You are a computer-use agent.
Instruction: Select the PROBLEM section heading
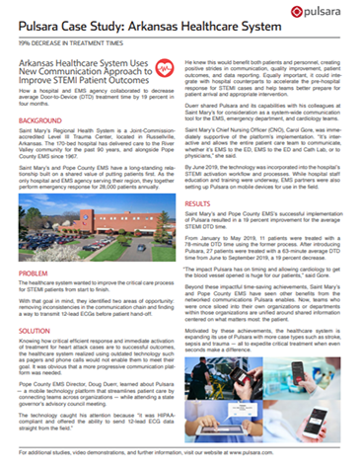coord(36,271)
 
